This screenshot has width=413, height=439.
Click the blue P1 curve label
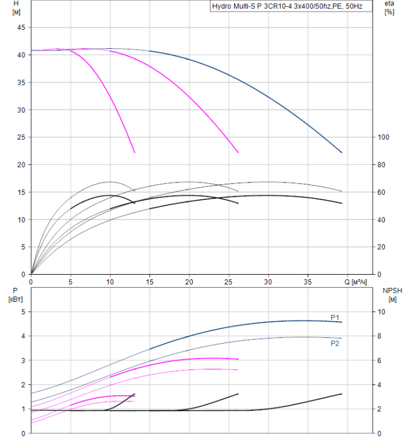pos(335,317)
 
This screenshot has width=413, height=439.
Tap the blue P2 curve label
pos(335,343)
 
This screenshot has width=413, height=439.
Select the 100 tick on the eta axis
pos(384,137)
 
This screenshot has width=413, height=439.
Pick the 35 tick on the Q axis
pos(308,283)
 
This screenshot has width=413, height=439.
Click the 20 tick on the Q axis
pos(189,283)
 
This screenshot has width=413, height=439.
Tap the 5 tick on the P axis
pos(23,312)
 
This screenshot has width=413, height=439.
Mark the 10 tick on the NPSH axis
pos(384,312)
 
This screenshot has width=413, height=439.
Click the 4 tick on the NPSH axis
pos(382,384)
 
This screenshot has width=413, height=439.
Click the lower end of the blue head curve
pos(342,152)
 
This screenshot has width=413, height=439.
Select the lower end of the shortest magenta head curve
pos(134,152)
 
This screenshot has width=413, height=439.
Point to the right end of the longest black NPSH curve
pos(342,394)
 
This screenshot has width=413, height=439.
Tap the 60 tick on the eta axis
pos(382,192)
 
